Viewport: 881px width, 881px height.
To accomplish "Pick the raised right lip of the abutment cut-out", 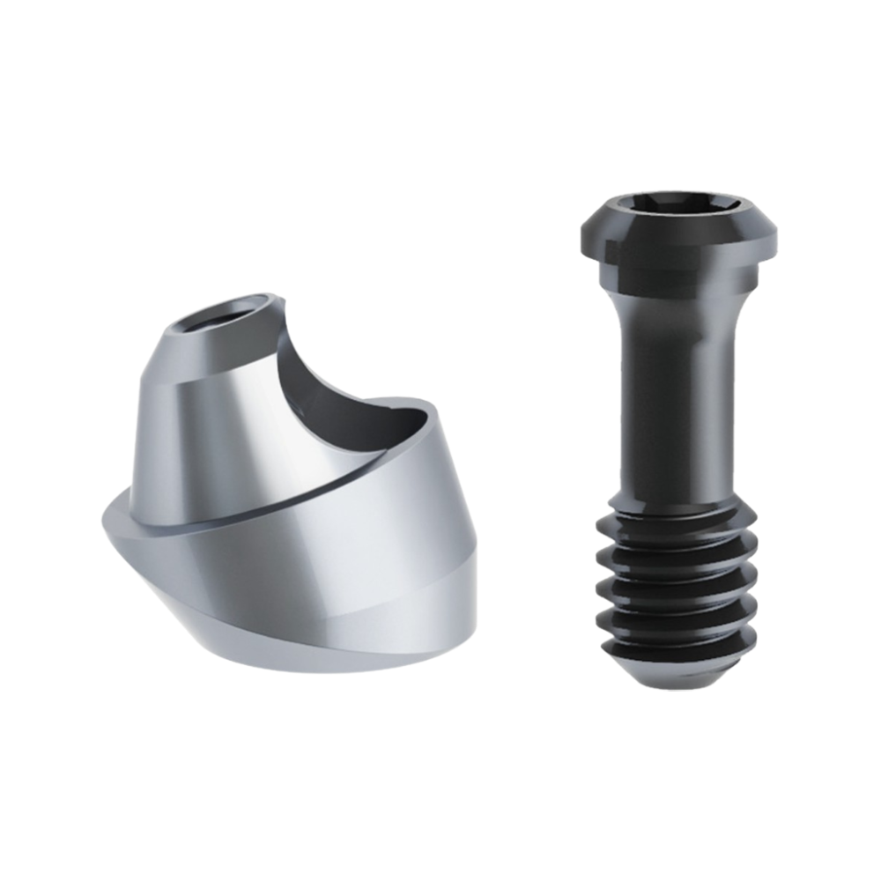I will click(x=432, y=423).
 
